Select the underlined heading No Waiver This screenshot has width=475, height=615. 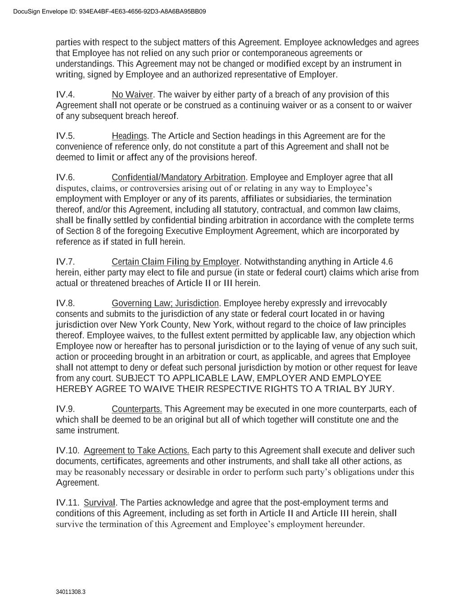(132, 95)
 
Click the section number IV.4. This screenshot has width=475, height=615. (65, 95)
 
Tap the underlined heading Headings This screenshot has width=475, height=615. (129, 136)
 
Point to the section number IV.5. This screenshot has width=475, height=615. (65, 136)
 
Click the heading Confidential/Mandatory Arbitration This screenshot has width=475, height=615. (178, 178)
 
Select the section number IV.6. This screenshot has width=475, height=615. (65, 178)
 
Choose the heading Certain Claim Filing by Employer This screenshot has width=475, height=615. (175, 262)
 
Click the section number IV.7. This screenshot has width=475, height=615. (65, 262)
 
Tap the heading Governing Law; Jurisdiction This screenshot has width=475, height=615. (165, 303)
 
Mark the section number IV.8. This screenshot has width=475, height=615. (65, 303)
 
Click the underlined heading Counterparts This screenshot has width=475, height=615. (137, 409)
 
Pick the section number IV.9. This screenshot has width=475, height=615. (65, 409)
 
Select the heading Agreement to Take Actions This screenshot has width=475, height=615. (136, 451)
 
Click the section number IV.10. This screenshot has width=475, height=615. (68, 451)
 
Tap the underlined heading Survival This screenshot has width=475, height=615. (100, 503)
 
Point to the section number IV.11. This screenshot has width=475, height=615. (68, 503)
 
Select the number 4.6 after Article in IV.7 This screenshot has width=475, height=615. (387, 262)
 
